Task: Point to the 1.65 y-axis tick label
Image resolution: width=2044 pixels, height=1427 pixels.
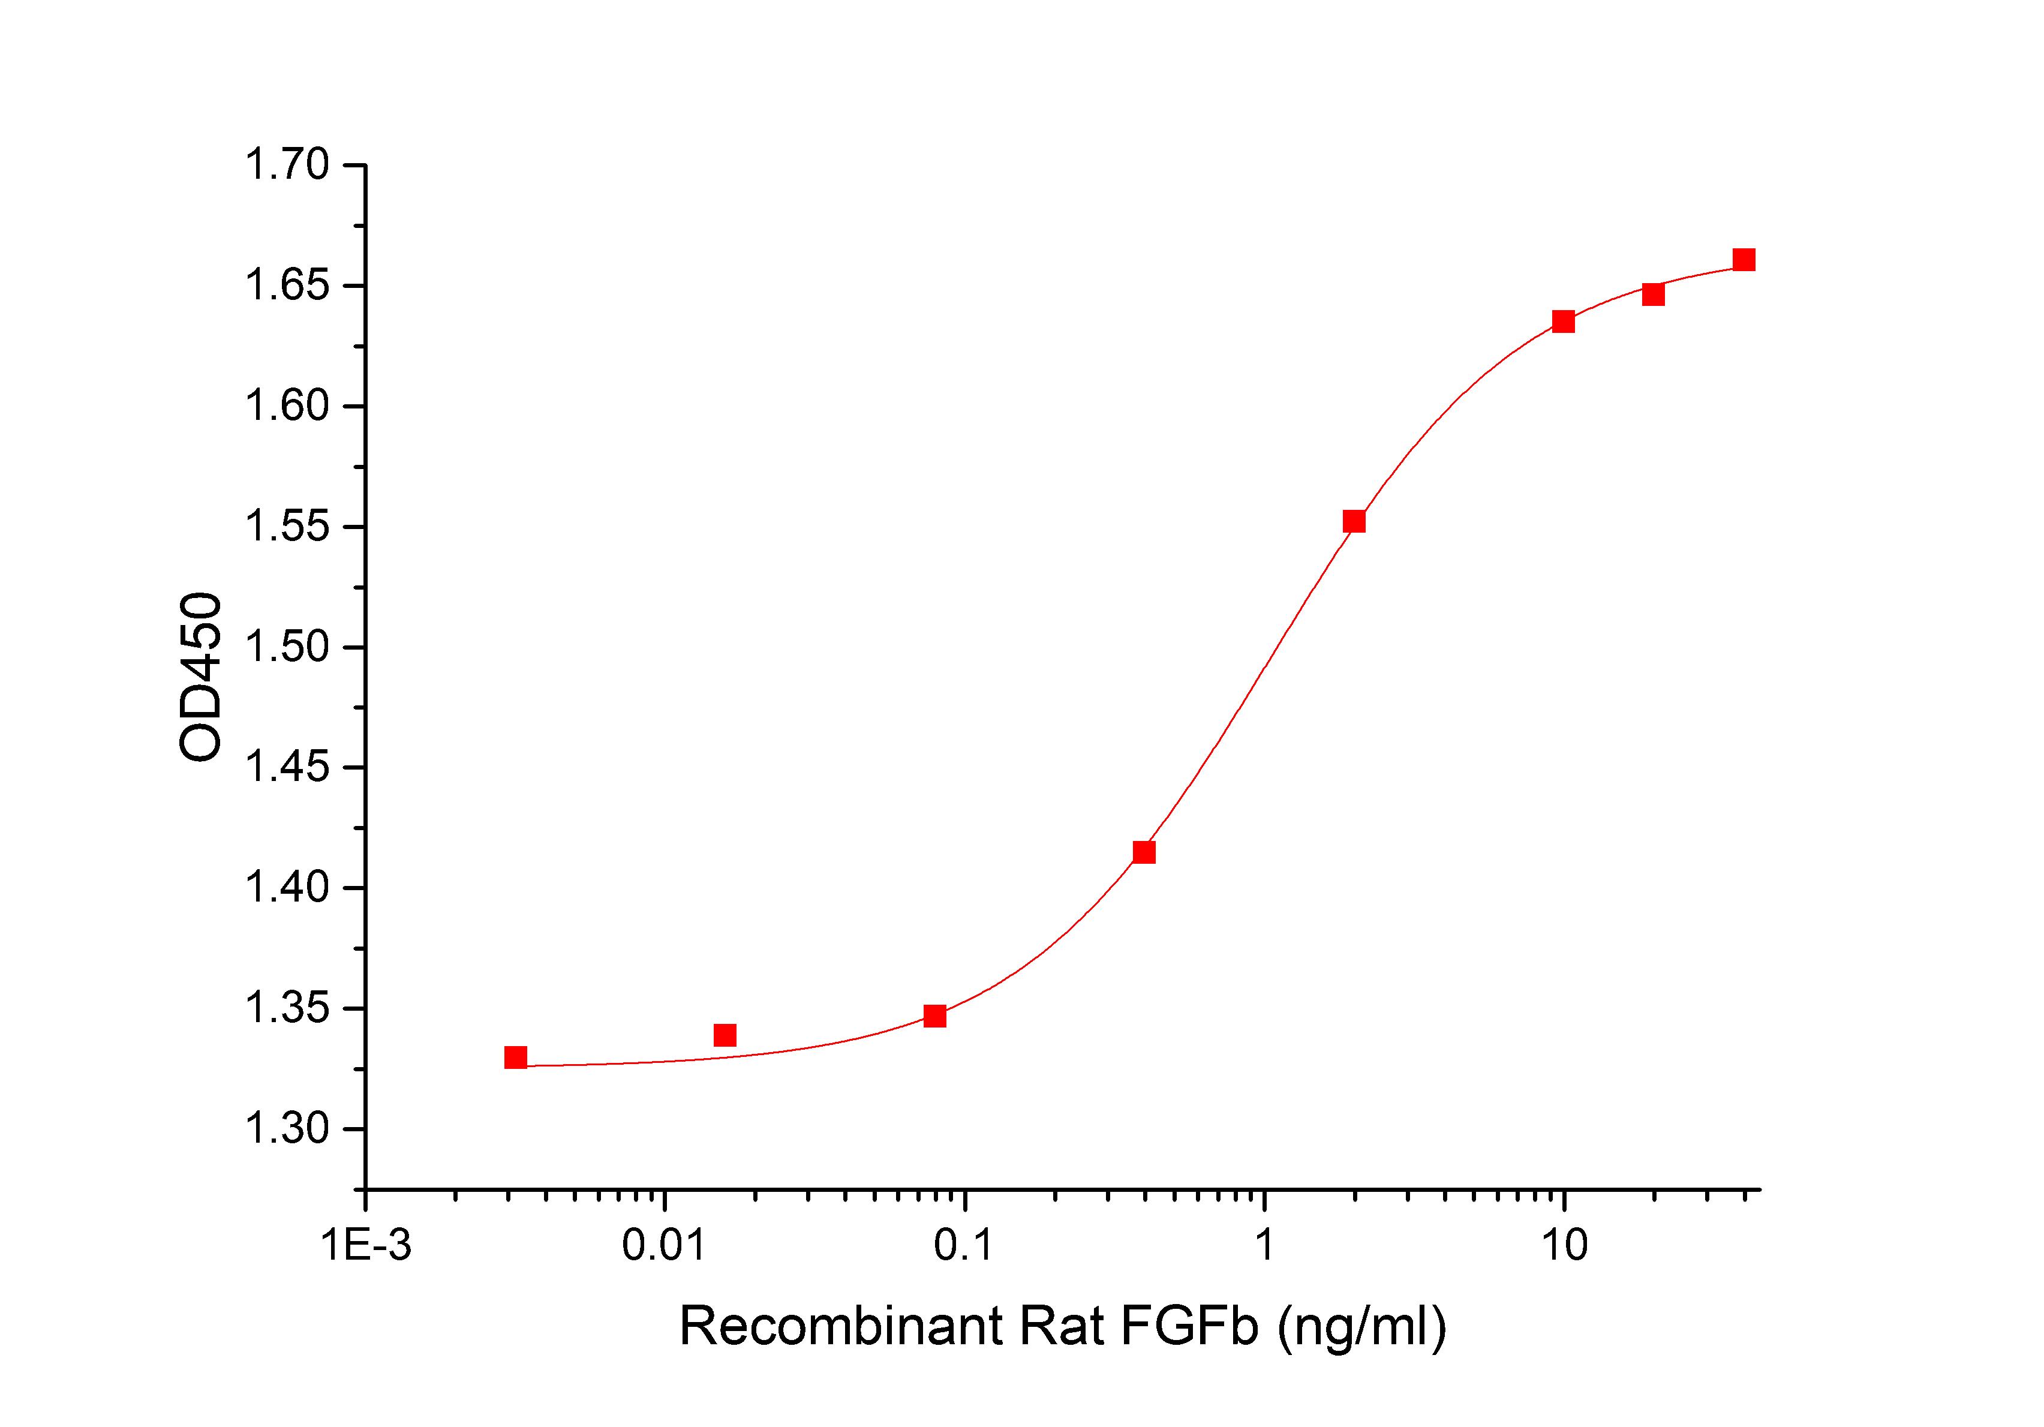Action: (287, 287)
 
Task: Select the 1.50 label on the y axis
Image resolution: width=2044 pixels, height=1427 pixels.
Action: (287, 648)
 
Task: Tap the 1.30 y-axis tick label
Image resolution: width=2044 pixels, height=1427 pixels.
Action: (287, 1129)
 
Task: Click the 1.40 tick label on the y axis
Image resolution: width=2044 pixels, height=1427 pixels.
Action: (287, 888)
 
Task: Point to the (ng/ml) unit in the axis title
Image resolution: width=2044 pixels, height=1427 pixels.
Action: (1362, 1327)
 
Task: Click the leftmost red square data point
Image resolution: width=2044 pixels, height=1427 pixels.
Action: (515, 1058)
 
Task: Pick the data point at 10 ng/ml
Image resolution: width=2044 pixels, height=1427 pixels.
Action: (1563, 322)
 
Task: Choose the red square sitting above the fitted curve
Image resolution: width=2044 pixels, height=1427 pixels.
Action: (725, 1035)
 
